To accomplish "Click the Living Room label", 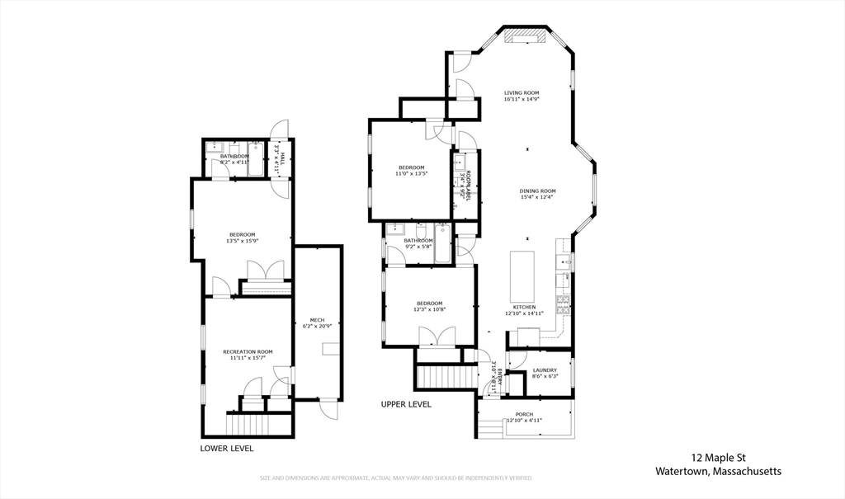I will [x=522, y=92].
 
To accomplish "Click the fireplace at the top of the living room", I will [x=525, y=35].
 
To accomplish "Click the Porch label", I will [x=524, y=414].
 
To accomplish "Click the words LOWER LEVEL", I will [x=227, y=449].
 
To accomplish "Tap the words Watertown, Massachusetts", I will [x=718, y=472].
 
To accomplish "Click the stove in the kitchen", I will [x=564, y=305].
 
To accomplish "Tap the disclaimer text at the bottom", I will [x=397, y=478].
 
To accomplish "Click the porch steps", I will [x=489, y=429].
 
